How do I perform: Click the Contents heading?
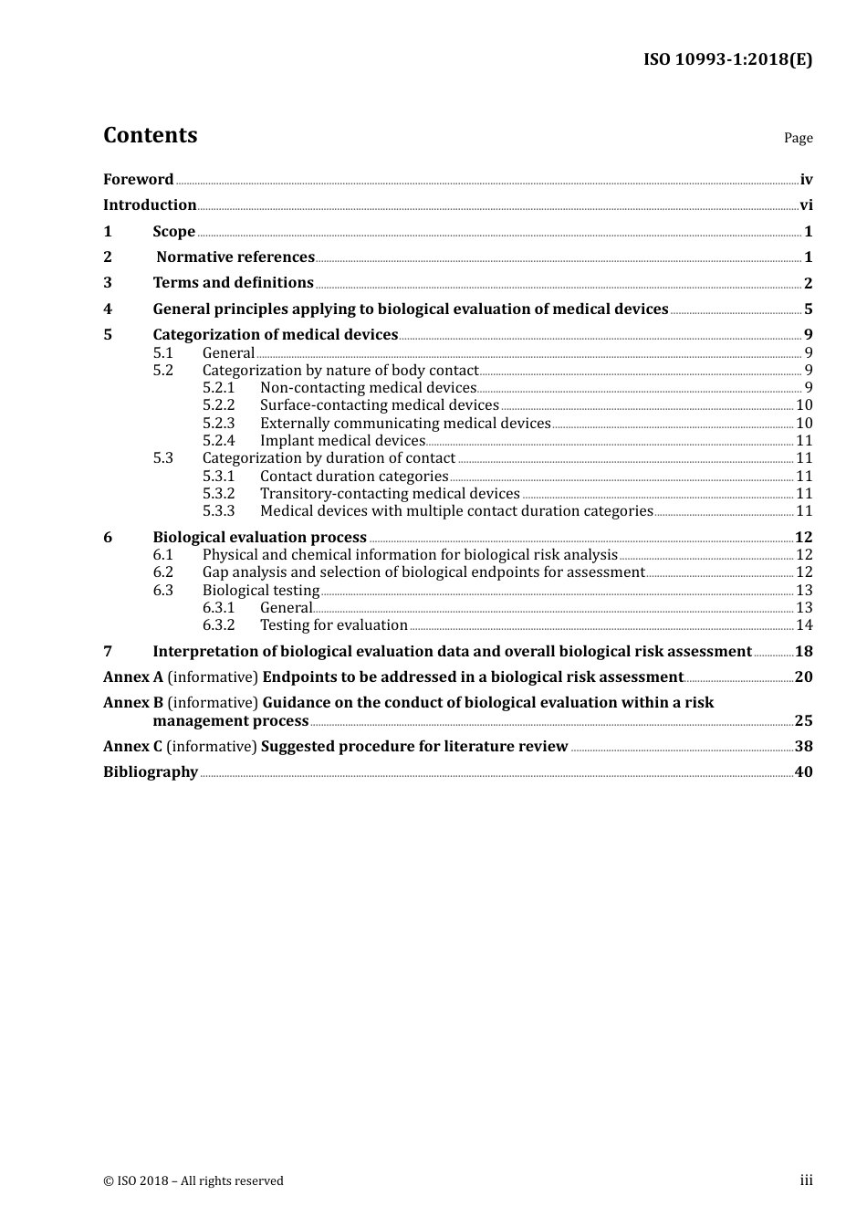point(150,135)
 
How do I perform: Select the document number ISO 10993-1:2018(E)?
point(727,59)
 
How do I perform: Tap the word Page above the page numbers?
point(798,138)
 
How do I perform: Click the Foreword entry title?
point(138,180)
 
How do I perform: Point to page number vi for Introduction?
point(806,205)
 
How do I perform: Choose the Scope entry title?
point(173,232)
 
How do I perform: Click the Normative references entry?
point(235,257)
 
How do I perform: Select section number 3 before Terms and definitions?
point(108,283)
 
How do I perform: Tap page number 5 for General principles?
point(808,309)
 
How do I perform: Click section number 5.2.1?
point(218,388)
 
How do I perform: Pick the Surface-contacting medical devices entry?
point(379,405)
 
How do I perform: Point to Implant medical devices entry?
point(342,441)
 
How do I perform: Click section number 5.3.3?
point(218,511)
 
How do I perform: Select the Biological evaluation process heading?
point(259,538)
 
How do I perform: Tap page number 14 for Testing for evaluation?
point(804,625)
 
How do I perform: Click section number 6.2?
point(162,572)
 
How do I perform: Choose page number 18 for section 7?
point(803,652)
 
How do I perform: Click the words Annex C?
point(132,747)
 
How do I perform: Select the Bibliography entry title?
point(150,772)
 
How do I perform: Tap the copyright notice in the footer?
point(193,1181)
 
